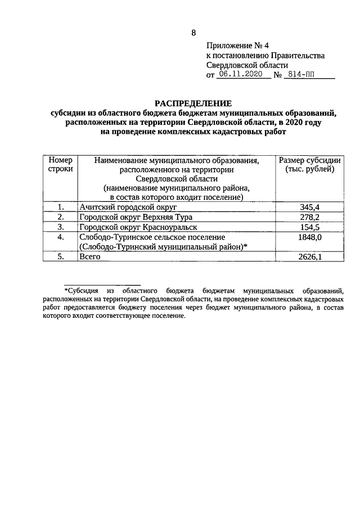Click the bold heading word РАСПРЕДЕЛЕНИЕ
coord(193,103)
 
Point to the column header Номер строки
coord(60,165)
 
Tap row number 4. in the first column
coord(60,237)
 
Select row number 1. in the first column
coord(60,208)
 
